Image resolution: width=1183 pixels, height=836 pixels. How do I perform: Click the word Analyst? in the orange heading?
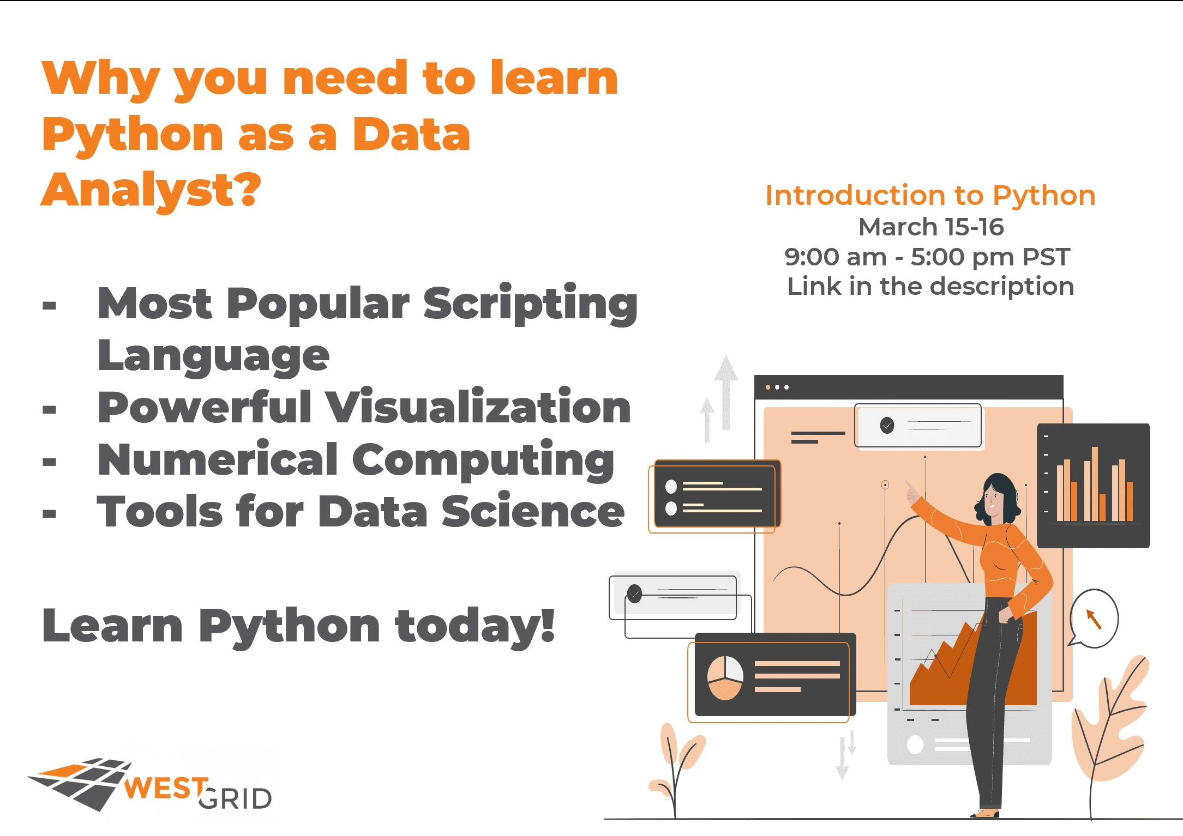coord(151,190)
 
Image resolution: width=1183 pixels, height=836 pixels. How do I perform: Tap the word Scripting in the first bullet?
coord(530,304)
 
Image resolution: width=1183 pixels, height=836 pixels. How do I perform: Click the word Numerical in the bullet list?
coord(218,459)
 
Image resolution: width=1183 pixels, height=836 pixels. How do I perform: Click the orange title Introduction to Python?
coord(930,195)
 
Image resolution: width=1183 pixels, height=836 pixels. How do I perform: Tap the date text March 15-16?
coord(931,227)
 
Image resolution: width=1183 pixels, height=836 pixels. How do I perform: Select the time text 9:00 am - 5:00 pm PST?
coord(927,257)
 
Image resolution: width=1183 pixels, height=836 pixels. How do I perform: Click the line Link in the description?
coord(930,286)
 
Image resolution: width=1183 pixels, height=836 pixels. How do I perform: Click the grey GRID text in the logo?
coord(235,799)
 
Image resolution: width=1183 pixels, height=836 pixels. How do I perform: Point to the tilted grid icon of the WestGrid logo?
coord(80,783)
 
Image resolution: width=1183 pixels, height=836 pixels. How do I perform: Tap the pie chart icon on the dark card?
coord(725,677)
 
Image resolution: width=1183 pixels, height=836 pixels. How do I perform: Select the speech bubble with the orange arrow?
coord(1094,619)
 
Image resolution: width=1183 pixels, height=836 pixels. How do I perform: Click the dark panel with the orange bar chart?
coord(1093,486)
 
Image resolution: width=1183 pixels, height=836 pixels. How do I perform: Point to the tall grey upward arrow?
coord(726,392)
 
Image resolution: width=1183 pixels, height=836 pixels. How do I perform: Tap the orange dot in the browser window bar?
coord(768,387)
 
